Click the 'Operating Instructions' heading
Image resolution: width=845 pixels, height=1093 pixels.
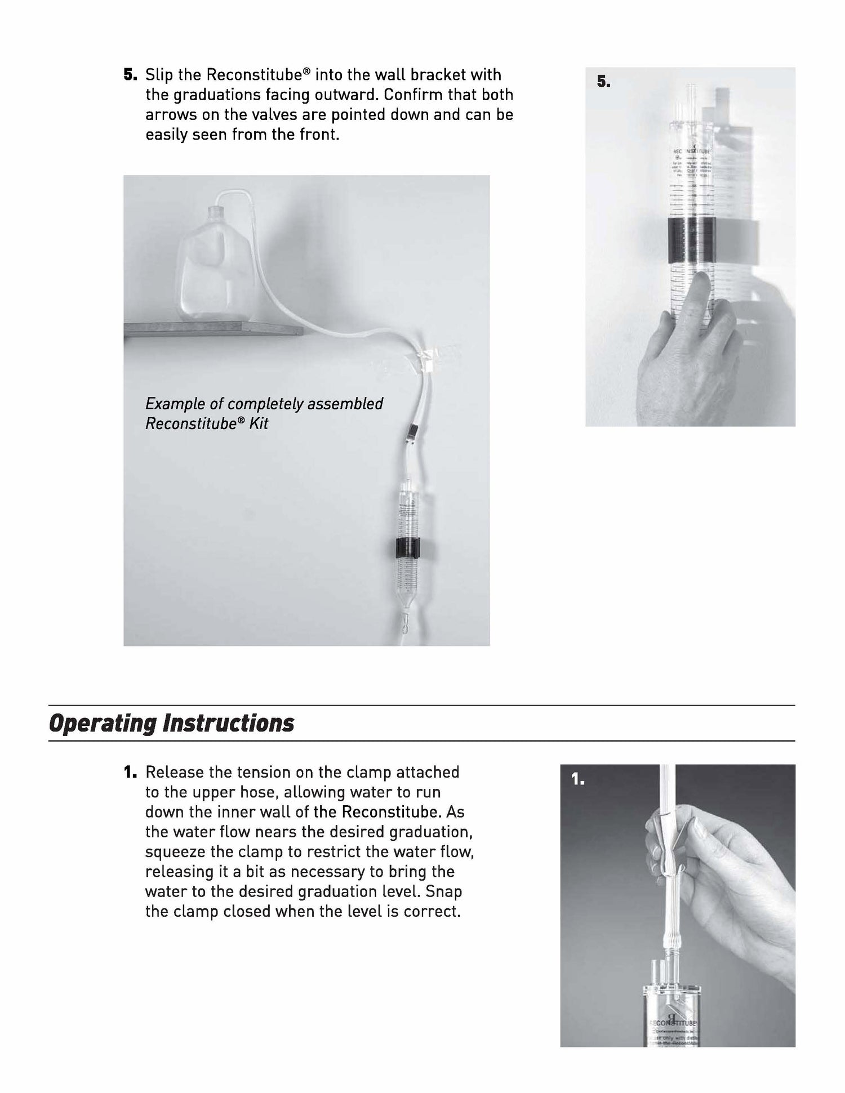tap(171, 723)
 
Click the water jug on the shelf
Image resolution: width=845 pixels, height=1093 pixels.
tap(210, 270)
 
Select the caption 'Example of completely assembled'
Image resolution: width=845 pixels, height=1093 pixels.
tap(264, 404)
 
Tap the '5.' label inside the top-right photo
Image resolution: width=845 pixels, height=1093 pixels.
tap(603, 82)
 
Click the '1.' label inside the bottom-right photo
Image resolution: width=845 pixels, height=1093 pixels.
tap(578, 779)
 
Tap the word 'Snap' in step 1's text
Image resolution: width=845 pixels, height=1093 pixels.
tap(444, 892)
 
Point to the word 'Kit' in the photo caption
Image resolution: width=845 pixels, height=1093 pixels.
tap(259, 423)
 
